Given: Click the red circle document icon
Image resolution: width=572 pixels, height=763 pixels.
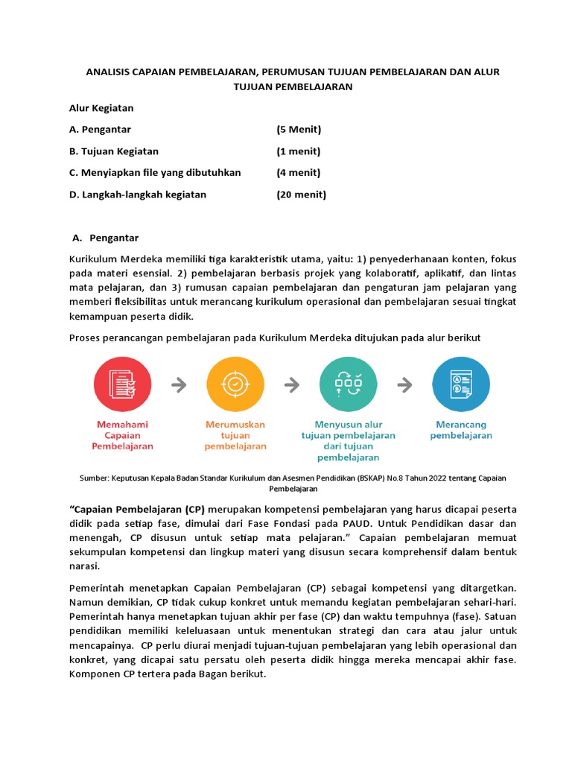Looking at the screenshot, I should coord(123,384).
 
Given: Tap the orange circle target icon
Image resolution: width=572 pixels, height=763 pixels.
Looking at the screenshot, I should coord(235,384).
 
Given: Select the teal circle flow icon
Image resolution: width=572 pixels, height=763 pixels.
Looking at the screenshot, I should coord(348,384).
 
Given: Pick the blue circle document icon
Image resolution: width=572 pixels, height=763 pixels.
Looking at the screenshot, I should coord(461,384).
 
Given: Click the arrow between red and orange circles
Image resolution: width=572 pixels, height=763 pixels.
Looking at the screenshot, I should coord(179,384).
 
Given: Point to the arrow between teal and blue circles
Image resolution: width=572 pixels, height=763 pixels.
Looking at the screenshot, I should coord(404,384).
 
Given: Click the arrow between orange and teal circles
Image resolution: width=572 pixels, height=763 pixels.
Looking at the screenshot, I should coord(292,384).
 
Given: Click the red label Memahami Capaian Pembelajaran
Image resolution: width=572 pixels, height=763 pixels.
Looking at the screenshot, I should coord(123,435).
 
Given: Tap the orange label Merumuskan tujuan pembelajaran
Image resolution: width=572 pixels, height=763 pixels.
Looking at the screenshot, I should coord(235,435).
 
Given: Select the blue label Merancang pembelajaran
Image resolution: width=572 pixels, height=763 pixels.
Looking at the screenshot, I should coord(461,430).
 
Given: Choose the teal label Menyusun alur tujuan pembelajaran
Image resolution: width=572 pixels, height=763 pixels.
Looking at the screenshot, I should coord(348,440).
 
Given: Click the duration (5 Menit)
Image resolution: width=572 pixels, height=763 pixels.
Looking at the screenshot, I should coord(299,130).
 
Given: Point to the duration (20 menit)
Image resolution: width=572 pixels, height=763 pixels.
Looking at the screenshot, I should coord(301,194).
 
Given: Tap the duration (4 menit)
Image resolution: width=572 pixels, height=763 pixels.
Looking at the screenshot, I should coord(299,173).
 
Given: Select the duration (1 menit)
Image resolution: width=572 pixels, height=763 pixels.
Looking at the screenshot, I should coord(299,151).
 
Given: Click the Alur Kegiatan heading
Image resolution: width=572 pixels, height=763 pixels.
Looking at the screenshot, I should coord(101,108).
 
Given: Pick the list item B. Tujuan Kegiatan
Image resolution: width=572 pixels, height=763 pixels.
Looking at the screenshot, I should coord(113,151).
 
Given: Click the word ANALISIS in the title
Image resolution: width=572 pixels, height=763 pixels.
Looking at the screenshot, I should coord(108,72).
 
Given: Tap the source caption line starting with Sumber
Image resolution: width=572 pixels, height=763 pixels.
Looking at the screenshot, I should coord(293,478).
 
